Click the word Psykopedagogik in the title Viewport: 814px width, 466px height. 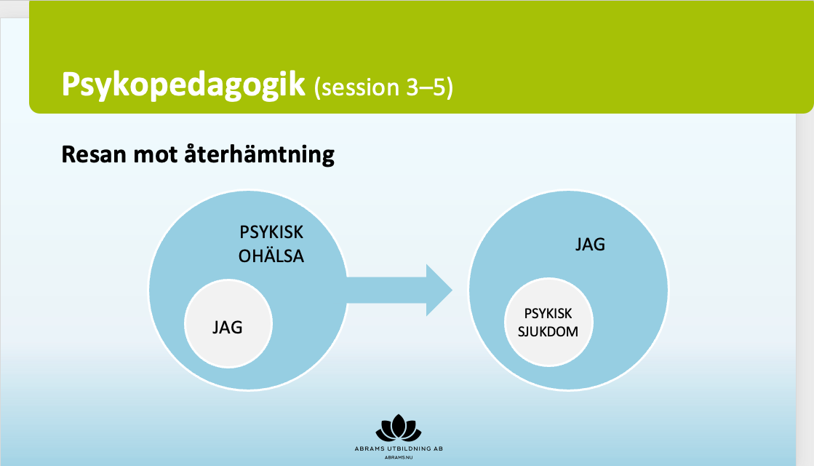[x=183, y=84]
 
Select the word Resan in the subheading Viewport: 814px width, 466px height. [x=93, y=154]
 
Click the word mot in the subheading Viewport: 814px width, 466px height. [x=155, y=155]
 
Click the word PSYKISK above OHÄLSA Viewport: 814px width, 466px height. [x=271, y=232]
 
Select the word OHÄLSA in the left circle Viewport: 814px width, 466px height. [x=271, y=256]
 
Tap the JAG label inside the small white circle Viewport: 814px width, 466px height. [x=228, y=327]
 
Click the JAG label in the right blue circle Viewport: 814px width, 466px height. [x=590, y=244]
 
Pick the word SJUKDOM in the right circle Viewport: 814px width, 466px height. [x=548, y=331]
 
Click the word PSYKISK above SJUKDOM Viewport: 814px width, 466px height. [x=548, y=314]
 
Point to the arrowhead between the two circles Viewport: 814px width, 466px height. [x=439, y=290]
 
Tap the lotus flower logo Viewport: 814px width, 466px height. [x=398, y=427]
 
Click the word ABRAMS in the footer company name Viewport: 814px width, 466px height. [x=369, y=449]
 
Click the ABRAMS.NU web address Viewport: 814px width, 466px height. [x=399, y=458]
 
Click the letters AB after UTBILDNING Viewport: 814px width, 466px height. [x=438, y=449]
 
